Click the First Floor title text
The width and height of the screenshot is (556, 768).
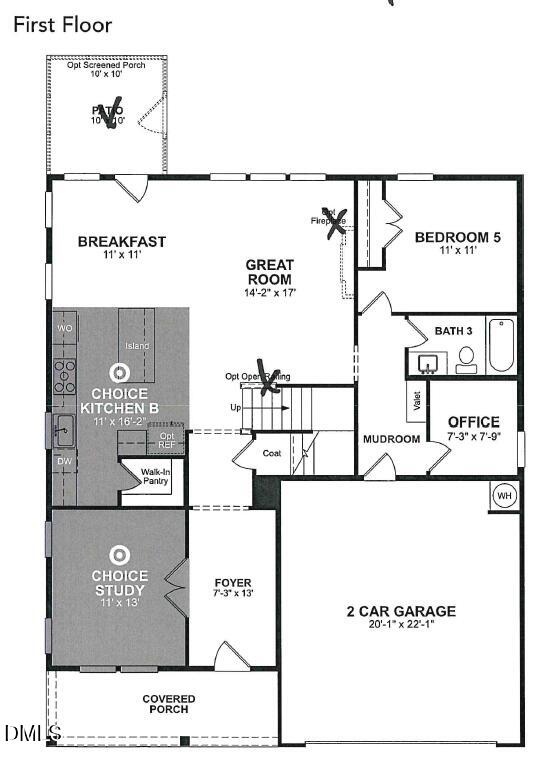62,25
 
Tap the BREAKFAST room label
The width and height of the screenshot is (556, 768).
122,241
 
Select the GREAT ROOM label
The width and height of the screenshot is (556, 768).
269,272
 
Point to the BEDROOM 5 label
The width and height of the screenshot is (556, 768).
457,237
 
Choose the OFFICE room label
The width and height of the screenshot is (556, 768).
473,421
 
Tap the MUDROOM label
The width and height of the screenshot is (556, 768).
391,439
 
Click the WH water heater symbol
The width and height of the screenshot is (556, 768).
503,494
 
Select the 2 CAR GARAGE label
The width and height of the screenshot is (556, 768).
401,611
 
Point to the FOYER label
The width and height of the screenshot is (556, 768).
233,582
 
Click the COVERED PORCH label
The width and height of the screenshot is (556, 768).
168,704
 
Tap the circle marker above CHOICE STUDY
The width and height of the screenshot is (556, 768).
119,553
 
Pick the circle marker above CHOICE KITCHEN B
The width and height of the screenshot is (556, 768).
119,374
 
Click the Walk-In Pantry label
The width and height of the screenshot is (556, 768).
155,476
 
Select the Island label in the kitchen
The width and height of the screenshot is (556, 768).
137,346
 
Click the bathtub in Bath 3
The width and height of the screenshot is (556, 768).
501,345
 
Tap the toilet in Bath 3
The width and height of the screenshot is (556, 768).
466,357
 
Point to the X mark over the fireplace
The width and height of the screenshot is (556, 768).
337,220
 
